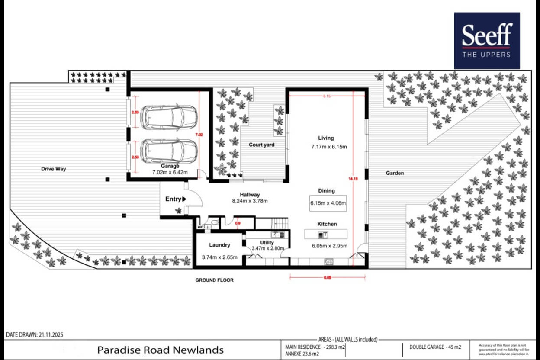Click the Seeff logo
coord(486,40)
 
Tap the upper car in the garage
coord(169,117)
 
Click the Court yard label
coord(261,145)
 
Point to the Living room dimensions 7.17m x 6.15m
coord(329,147)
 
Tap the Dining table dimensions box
coord(328,202)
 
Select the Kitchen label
coord(327,224)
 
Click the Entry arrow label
coord(176,199)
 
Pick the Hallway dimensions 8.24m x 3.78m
coord(250,201)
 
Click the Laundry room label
coord(219,245)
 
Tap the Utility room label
coord(267,242)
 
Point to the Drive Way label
coord(54,169)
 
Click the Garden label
coord(395,173)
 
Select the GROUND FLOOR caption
coord(214,280)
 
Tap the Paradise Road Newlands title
coord(160,350)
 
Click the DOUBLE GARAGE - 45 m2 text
coord(435,347)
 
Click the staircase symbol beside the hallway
coord(280,223)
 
